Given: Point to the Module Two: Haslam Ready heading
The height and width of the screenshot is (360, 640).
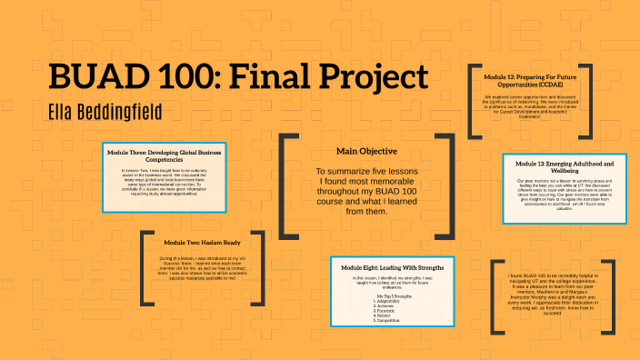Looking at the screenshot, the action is click(202, 243).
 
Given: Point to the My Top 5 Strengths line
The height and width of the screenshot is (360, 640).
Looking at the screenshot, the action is click(391, 295).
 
